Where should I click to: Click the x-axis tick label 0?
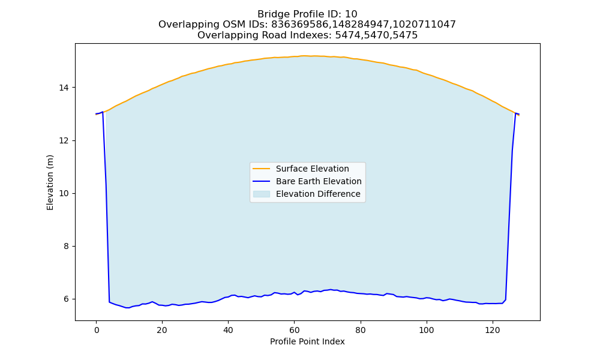pyautogui.click(x=96, y=330)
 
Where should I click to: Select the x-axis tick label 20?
pyautogui.click(x=162, y=330)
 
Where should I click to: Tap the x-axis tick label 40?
pyautogui.click(x=228, y=330)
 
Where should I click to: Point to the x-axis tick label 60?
pyautogui.click(x=294, y=330)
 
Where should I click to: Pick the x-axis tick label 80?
pyautogui.click(x=360, y=330)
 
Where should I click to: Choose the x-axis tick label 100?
pyautogui.click(x=426, y=330)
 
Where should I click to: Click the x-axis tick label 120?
pyautogui.click(x=493, y=330)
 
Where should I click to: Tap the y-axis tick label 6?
pyautogui.click(x=66, y=299)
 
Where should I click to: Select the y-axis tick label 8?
pyautogui.click(x=66, y=247)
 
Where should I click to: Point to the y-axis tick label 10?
pyautogui.click(x=64, y=194)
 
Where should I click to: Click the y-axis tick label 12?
pyautogui.click(x=64, y=141)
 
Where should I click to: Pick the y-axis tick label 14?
pyautogui.click(x=64, y=88)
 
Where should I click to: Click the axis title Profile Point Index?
pyautogui.click(x=307, y=341)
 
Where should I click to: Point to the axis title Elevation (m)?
pyautogui.click(x=50, y=182)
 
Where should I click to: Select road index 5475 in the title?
pyautogui.click(x=404, y=35)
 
